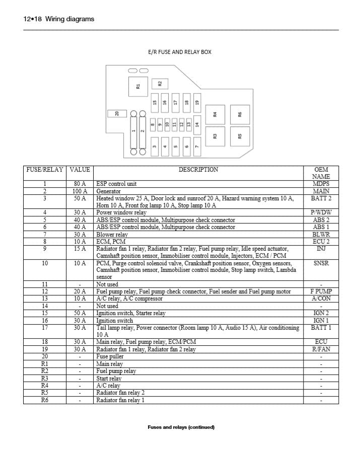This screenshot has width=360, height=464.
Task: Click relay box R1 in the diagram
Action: tap(138, 86)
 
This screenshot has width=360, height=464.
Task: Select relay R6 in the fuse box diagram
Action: tap(240, 114)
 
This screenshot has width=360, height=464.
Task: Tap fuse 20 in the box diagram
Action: tap(117, 114)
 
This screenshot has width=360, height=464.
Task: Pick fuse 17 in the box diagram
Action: tap(175, 102)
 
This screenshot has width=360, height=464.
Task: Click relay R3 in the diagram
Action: tap(215, 136)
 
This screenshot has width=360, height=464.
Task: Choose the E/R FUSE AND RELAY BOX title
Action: tap(180, 52)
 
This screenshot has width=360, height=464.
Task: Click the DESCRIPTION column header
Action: tap(198, 170)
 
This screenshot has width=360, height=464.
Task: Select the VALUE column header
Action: tap(80, 170)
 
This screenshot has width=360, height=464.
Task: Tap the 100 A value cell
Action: tap(80, 191)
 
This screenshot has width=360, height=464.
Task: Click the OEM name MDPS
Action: tap(321, 184)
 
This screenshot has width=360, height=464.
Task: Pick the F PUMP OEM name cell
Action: tap(321, 291)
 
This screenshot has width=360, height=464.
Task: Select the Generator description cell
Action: tap(109, 191)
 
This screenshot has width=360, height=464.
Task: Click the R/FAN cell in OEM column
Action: tap(321, 349)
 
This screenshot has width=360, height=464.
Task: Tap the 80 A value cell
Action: tap(80, 184)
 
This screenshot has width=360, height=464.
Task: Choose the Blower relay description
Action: tap(112, 235)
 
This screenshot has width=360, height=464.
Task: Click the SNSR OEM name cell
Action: tap(321, 263)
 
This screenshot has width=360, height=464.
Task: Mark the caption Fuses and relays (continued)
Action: tap(181, 427)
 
